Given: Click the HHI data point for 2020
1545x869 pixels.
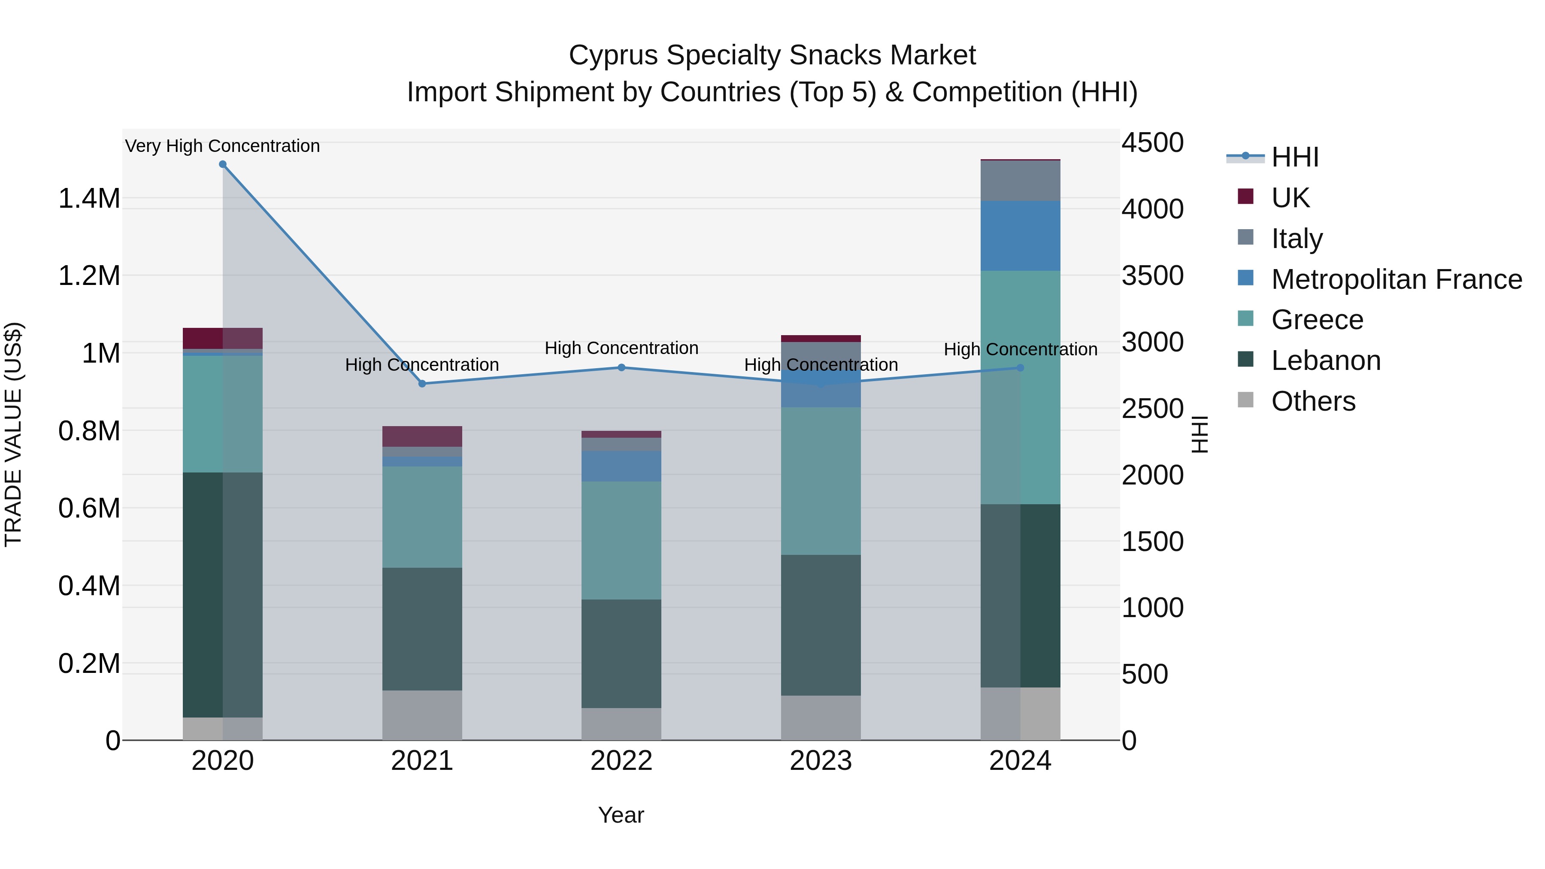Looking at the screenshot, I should (222, 164).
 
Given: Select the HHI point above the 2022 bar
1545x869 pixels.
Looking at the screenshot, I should (621, 368).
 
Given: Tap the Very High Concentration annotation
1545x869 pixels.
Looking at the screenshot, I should (222, 146).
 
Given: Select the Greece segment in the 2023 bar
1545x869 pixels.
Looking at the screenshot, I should (821, 481).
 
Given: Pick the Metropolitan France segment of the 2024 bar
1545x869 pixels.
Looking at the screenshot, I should (1020, 236).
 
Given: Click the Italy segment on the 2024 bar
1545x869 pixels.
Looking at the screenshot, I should (1020, 181).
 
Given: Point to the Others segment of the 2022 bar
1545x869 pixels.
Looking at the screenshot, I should (621, 724).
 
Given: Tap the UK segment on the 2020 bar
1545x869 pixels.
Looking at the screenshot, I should (222, 338).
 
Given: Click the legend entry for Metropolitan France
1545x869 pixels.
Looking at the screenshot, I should (1396, 279).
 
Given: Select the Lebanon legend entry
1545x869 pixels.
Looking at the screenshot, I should (1326, 360).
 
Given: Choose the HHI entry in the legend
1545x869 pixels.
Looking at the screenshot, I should (1294, 157).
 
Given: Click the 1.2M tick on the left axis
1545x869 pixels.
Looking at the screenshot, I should (89, 276).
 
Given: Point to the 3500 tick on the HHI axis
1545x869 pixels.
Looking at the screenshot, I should (1152, 276).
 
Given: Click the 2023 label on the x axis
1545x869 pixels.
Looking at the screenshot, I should (821, 761).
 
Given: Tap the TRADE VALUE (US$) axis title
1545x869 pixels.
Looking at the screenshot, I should (14, 434).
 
